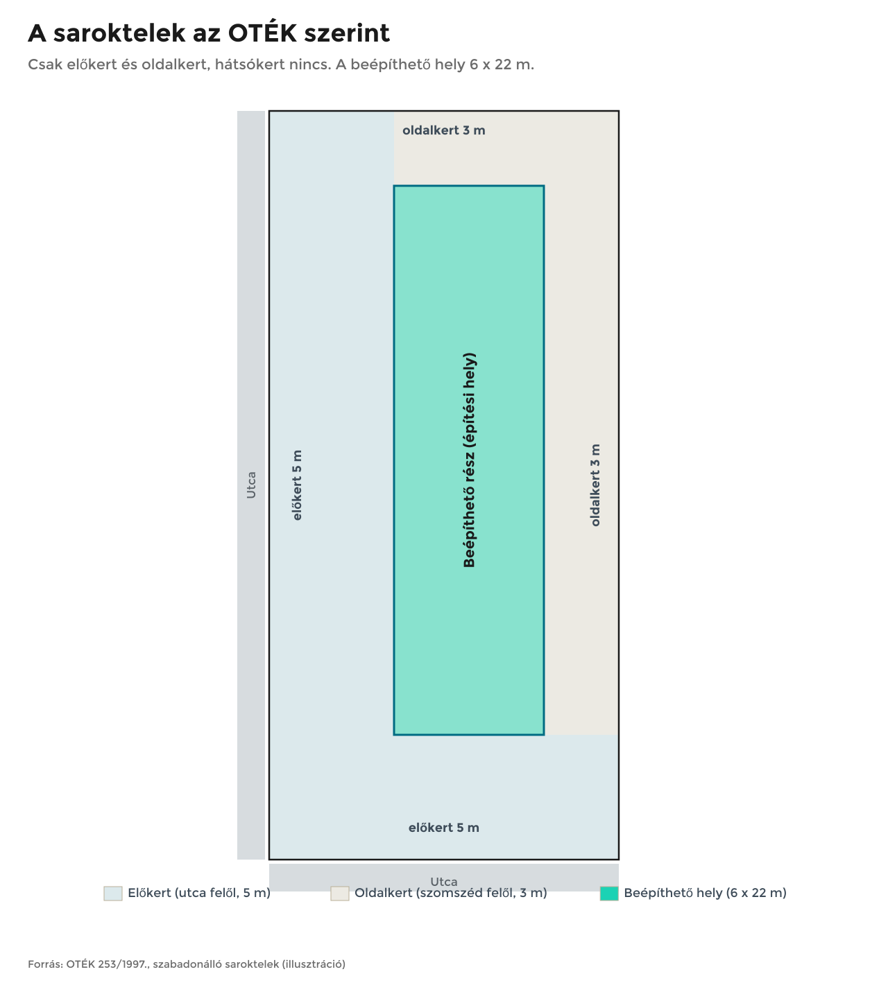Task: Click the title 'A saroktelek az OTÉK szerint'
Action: pos(209,33)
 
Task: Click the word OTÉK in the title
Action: pos(262,33)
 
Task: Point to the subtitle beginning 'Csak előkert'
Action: pos(281,64)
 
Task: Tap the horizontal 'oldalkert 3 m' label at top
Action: pos(443,130)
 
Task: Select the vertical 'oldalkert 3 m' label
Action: pos(595,485)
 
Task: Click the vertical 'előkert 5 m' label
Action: pos(297,485)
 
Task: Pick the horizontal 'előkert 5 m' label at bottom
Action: pos(443,828)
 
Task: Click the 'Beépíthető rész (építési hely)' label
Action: pos(469,460)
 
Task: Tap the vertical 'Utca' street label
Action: pos(251,485)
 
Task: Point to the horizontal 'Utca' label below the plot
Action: pos(443,882)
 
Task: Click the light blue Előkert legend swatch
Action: pos(113,894)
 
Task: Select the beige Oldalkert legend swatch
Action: pos(339,894)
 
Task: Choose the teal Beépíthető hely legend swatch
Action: pos(609,894)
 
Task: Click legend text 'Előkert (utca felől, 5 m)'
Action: pos(199,894)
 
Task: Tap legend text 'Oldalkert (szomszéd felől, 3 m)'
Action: pos(451,894)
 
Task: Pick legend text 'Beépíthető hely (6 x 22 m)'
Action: pos(705,894)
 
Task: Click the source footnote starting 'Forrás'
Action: pos(187,964)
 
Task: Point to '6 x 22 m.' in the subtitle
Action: pos(502,64)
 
